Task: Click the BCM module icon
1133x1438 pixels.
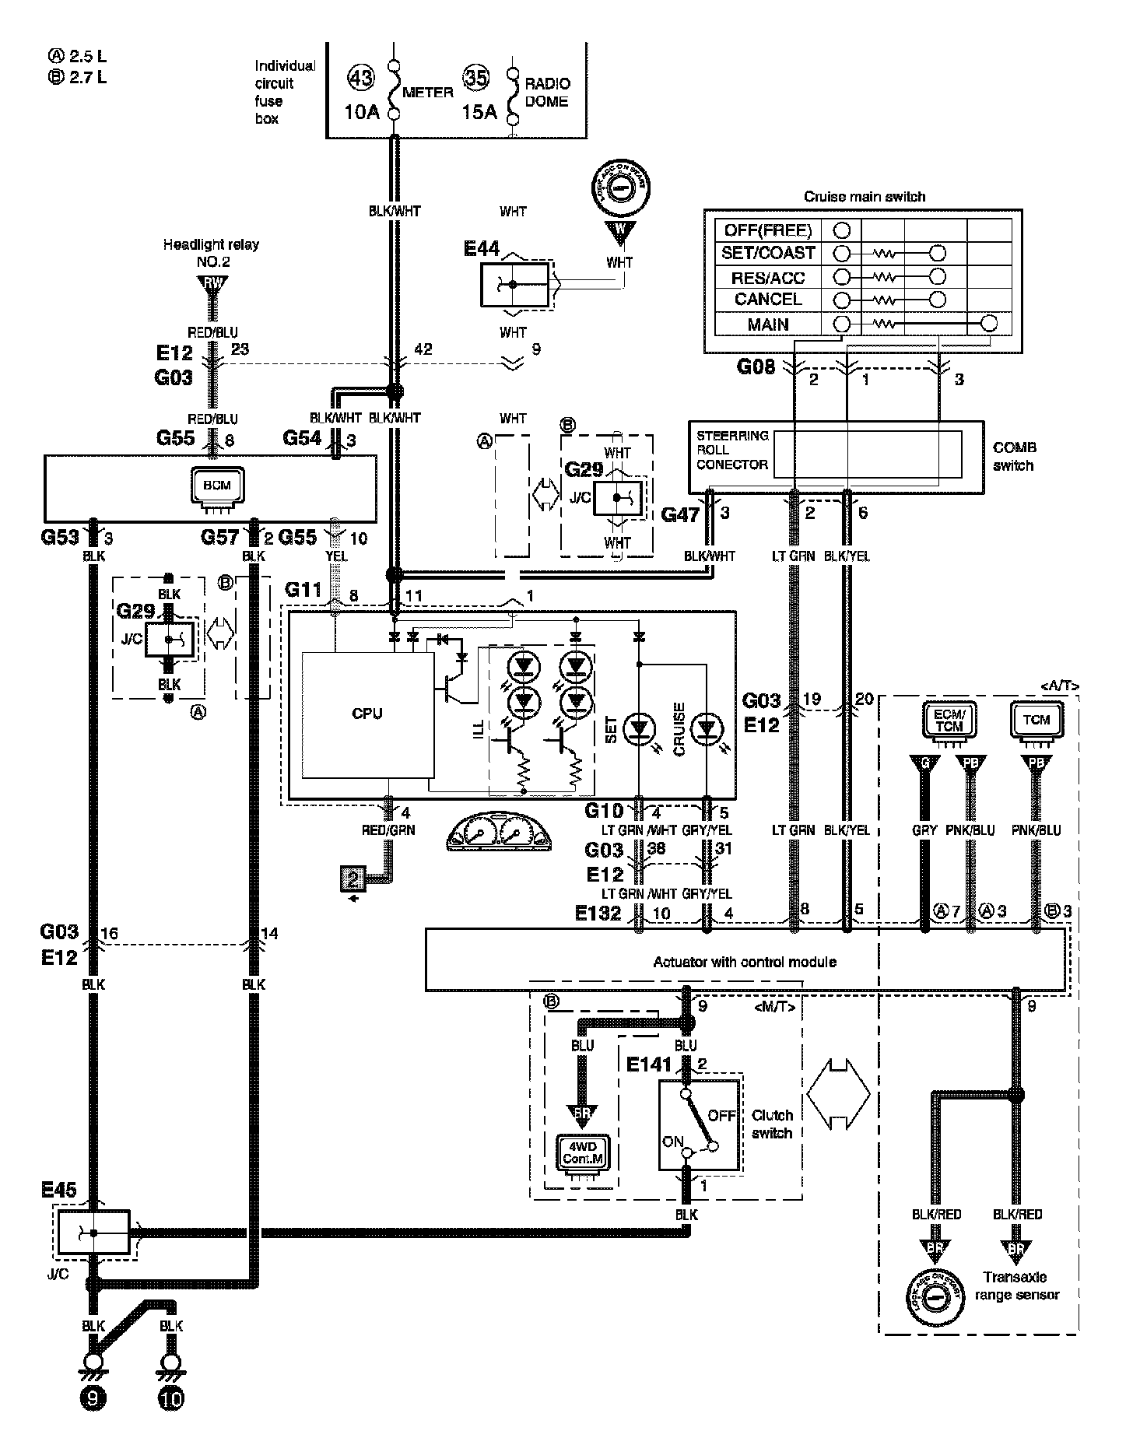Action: (x=217, y=486)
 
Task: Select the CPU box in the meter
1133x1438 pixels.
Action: (x=367, y=714)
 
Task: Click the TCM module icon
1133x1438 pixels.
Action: (x=1036, y=721)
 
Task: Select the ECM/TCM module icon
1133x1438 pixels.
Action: (x=949, y=721)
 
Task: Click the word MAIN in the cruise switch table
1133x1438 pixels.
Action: (x=768, y=324)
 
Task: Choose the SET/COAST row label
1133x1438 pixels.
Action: (x=768, y=253)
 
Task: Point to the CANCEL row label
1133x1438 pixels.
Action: (x=768, y=300)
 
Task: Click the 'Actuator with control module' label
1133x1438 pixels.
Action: (x=745, y=962)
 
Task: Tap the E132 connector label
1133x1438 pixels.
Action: (x=598, y=913)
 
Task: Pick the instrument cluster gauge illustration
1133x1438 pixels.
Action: (x=498, y=834)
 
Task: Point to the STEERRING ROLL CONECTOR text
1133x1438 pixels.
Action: (x=732, y=450)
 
